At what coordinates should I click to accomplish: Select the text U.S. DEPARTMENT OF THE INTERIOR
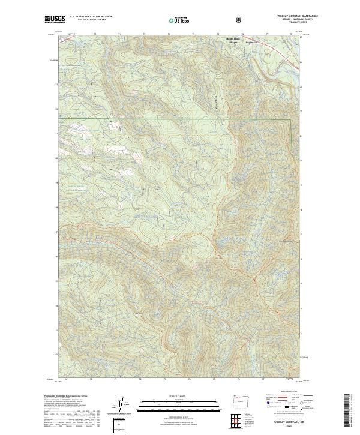tap(91, 17)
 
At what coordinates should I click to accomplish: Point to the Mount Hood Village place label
tap(232, 41)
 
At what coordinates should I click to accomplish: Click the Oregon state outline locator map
tap(239, 403)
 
